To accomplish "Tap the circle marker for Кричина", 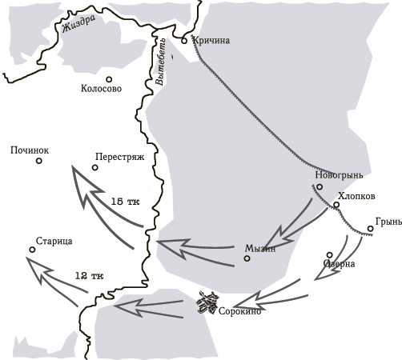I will [184, 40].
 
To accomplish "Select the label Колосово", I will [102, 89].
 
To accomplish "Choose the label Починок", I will [30, 150].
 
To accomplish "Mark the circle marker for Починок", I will [38, 161].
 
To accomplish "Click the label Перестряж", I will [119, 158].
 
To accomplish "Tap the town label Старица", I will [55, 241].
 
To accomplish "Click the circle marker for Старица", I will [32, 250].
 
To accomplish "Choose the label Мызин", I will [260, 248].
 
